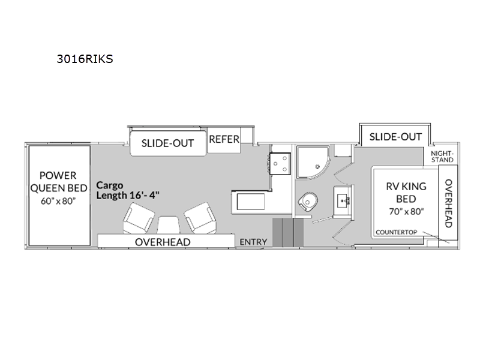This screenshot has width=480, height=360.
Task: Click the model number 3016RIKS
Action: coord(85,59)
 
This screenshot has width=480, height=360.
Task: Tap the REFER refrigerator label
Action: coord(224,139)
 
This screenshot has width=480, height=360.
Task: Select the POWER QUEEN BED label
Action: coord(58,182)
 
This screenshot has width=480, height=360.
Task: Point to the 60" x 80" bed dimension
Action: coord(58,201)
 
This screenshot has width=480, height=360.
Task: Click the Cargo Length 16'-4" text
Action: coord(128,190)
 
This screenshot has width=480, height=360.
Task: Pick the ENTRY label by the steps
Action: coord(253,242)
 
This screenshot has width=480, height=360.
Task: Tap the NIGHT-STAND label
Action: coord(442,157)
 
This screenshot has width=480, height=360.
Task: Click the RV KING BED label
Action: coord(406,193)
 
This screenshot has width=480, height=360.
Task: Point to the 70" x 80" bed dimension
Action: coord(406,212)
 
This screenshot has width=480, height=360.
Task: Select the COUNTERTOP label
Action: coord(397,232)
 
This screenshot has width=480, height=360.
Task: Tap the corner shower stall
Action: coord(313,162)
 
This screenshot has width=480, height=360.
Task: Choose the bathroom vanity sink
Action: coord(342,201)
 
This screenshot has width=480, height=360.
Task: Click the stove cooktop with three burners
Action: coord(280,163)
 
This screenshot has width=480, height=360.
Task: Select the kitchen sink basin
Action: coord(251,202)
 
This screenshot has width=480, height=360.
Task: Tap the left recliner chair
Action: coord(139,218)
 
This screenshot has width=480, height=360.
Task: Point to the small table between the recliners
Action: coord(169,226)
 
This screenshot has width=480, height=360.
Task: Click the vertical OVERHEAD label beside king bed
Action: coord(448,203)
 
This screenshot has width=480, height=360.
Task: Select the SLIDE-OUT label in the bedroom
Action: coord(395,137)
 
